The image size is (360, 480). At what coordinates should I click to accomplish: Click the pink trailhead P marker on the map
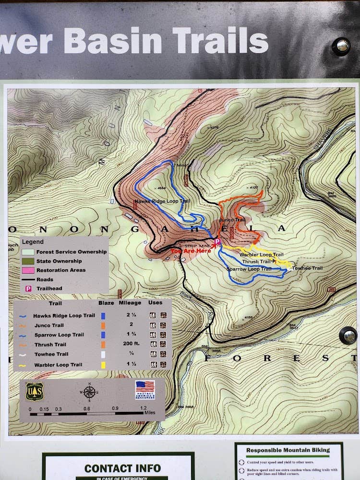coord(217,241)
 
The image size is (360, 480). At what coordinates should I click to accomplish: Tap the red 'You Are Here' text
coord(191,251)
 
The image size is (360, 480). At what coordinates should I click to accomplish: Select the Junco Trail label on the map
coord(232,220)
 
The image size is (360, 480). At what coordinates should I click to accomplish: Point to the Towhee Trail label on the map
coord(308,268)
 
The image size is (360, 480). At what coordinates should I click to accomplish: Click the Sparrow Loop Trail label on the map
coord(249,269)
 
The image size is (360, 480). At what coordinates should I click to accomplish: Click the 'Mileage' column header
coord(130,303)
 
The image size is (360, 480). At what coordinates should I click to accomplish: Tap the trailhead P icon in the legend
coord(28,289)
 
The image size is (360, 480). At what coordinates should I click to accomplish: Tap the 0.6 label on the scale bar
coord(87,409)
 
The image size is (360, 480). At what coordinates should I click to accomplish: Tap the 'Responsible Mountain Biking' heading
coord(288,450)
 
